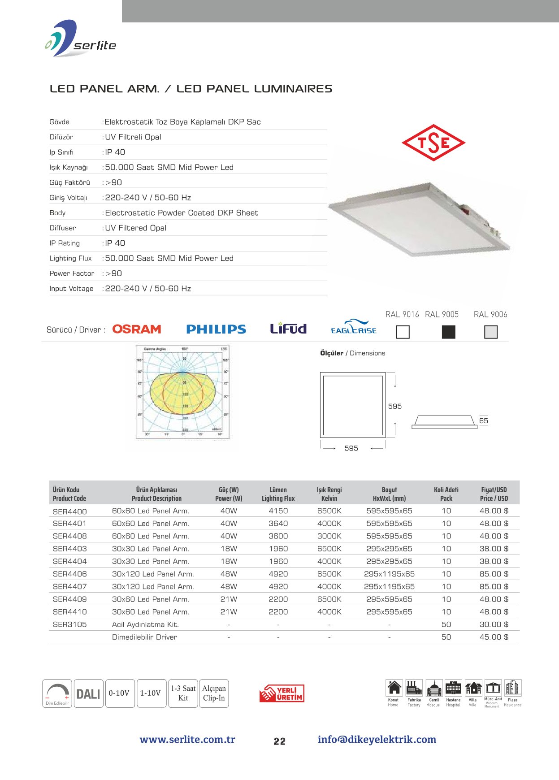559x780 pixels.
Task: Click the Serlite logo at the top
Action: tap(81, 39)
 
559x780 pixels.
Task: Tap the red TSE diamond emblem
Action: tap(433, 143)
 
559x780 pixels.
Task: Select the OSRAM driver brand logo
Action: tap(136, 329)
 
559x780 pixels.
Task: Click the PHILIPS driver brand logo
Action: tap(216, 329)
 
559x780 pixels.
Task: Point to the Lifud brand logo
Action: tap(288, 329)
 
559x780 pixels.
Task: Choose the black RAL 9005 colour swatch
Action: tap(448, 332)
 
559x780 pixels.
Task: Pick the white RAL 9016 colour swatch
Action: tap(403, 332)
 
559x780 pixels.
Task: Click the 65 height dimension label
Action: tap(484, 420)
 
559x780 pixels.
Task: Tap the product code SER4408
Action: tap(69, 536)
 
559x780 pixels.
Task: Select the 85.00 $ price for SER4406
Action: tap(494, 574)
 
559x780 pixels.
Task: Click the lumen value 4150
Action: tap(278, 511)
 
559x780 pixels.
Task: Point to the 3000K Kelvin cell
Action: tap(329, 536)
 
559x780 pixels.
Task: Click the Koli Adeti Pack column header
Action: tap(446, 494)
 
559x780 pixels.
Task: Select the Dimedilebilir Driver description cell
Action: tap(144, 637)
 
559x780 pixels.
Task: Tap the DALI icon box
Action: tap(88, 694)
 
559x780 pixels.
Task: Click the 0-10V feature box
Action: tap(119, 693)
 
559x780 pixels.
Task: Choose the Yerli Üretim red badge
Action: tap(282, 693)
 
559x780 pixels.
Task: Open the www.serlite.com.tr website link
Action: tap(187, 740)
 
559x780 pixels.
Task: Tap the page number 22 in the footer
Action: tap(279, 741)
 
